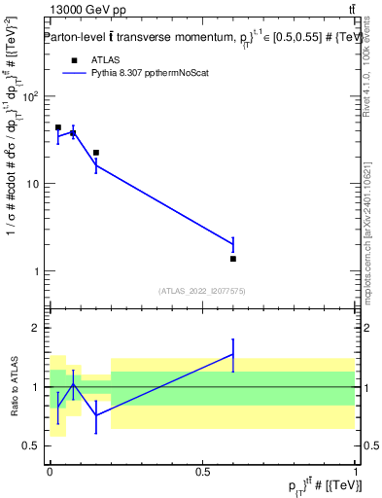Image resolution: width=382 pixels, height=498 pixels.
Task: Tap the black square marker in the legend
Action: [x=74, y=59]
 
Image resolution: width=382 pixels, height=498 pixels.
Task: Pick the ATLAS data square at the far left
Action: [x=58, y=127]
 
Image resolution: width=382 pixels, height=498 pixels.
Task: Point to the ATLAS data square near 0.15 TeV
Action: [x=95, y=153]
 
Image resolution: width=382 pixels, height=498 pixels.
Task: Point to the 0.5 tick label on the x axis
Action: [x=202, y=470]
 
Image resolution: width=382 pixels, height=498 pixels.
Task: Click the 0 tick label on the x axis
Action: [x=50, y=470]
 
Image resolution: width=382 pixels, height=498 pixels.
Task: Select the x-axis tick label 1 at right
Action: [x=355, y=470]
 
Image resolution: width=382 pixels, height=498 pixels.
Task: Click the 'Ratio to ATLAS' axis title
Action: [x=14, y=387]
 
